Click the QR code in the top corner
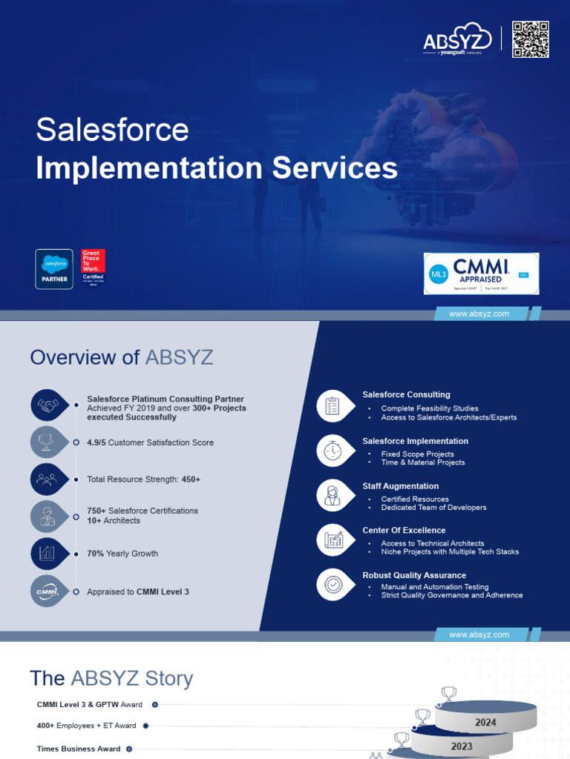pyautogui.click(x=530, y=39)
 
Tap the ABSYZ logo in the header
pyautogui.click(x=458, y=42)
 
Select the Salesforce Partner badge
pyautogui.click(x=54, y=268)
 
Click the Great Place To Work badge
pyautogui.click(x=93, y=268)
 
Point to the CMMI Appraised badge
pyautogui.click(x=481, y=273)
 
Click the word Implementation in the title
pyautogui.click(x=149, y=168)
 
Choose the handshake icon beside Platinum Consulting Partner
pyautogui.click(x=49, y=405)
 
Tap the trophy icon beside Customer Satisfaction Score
pyautogui.click(x=47, y=443)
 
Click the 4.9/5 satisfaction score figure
pyautogui.click(x=96, y=443)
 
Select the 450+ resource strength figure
pyautogui.click(x=191, y=480)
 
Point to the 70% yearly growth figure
pyautogui.click(x=95, y=554)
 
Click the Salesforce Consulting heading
pyautogui.click(x=406, y=394)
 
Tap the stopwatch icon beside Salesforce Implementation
pyautogui.click(x=332, y=451)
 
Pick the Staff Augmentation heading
pyautogui.click(x=400, y=486)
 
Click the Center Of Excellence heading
pyautogui.click(x=404, y=531)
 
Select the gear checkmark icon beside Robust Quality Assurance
pyautogui.click(x=332, y=585)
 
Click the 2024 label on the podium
pyautogui.click(x=486, y=722)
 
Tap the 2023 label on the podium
pyautogui.click(x=462, y=746)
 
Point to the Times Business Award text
pyautogui.click(x=79, y=749)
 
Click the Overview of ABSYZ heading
pyautogui.click(x=122, y=357)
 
